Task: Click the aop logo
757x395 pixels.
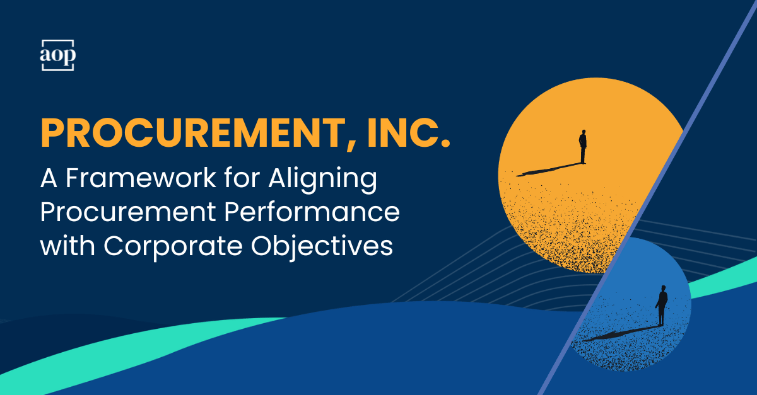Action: point(58,55)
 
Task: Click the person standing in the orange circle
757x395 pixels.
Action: point(583,147)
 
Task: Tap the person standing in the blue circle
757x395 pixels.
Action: point(661,306)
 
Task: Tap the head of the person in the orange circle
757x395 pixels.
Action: point(584,133)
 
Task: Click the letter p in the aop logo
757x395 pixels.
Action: point(69,57)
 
